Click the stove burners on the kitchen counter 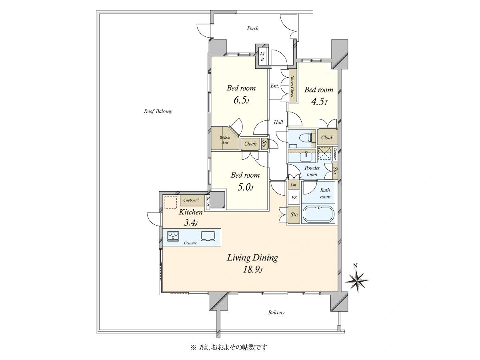pos(173,236)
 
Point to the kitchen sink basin pos(208,236)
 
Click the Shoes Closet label pos(292,87)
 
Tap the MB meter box pos(262,56)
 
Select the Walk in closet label pos(225,140)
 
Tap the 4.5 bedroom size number pos(319,102)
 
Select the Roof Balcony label pos(158,112)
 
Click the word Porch pos(253,28)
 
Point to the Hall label pos(278,122)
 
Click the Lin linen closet pos(294,185)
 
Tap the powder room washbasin pos(306,157)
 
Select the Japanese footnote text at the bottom pos(229,347)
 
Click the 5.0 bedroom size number pos(246,187)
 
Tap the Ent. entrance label pos(275,86)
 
